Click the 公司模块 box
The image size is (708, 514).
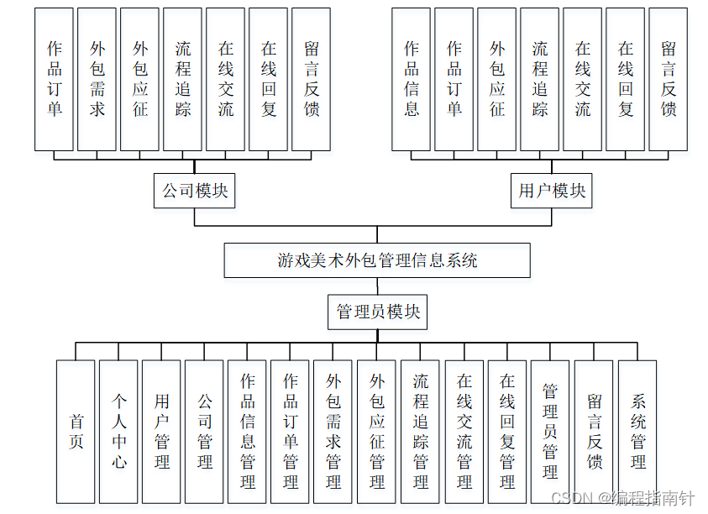coord(195,191)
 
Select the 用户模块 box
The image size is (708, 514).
coord(552,191)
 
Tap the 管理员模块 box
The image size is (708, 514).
coord(377,312)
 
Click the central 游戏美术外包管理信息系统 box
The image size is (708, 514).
coord(377,260)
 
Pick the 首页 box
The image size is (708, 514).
coord(76,432)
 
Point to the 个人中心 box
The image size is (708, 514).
coord(118,432)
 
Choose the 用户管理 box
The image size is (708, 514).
coord(161,432)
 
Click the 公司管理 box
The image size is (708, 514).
coord(204,432)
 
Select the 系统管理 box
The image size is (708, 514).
coord(637,432)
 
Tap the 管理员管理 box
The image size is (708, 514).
coord(550,432)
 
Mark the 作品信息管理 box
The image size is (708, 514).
coord(247,432)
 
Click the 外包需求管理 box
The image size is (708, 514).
coord(333,432)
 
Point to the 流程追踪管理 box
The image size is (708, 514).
coord(421,432)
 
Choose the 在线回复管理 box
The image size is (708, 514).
coord(507,432)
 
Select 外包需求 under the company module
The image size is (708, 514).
coord(97,79)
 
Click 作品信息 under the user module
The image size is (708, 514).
coord(412,79)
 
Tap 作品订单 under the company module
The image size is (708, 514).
coord(55,79)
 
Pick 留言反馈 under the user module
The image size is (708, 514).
coord(669,79)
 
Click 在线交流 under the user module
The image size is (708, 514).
coord(583,79)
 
